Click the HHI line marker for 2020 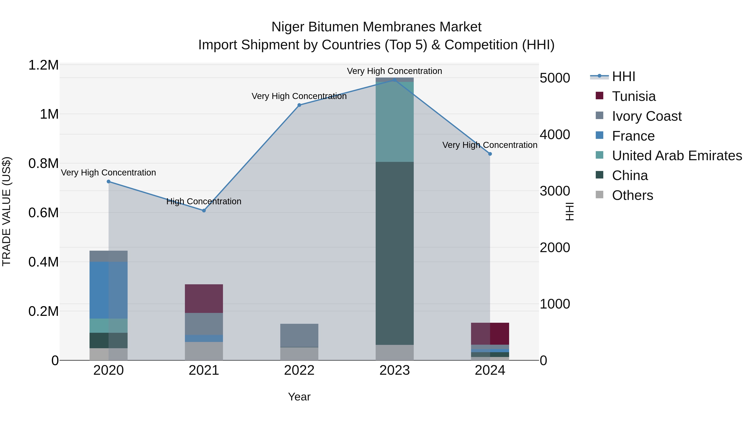[108, 182]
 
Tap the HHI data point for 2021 [204, 211]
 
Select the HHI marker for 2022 [299, 105]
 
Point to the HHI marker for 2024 [490, 154]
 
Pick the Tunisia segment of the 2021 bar [204, 298]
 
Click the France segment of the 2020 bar [108, 290]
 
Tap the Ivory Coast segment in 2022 [299, 335]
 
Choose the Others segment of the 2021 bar [204, 351]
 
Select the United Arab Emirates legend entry [676, 156]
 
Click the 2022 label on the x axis [299, 370]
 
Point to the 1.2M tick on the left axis [43, 65]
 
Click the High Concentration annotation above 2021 [204, 201]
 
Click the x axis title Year [299, 397]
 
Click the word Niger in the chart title [288, 27]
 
